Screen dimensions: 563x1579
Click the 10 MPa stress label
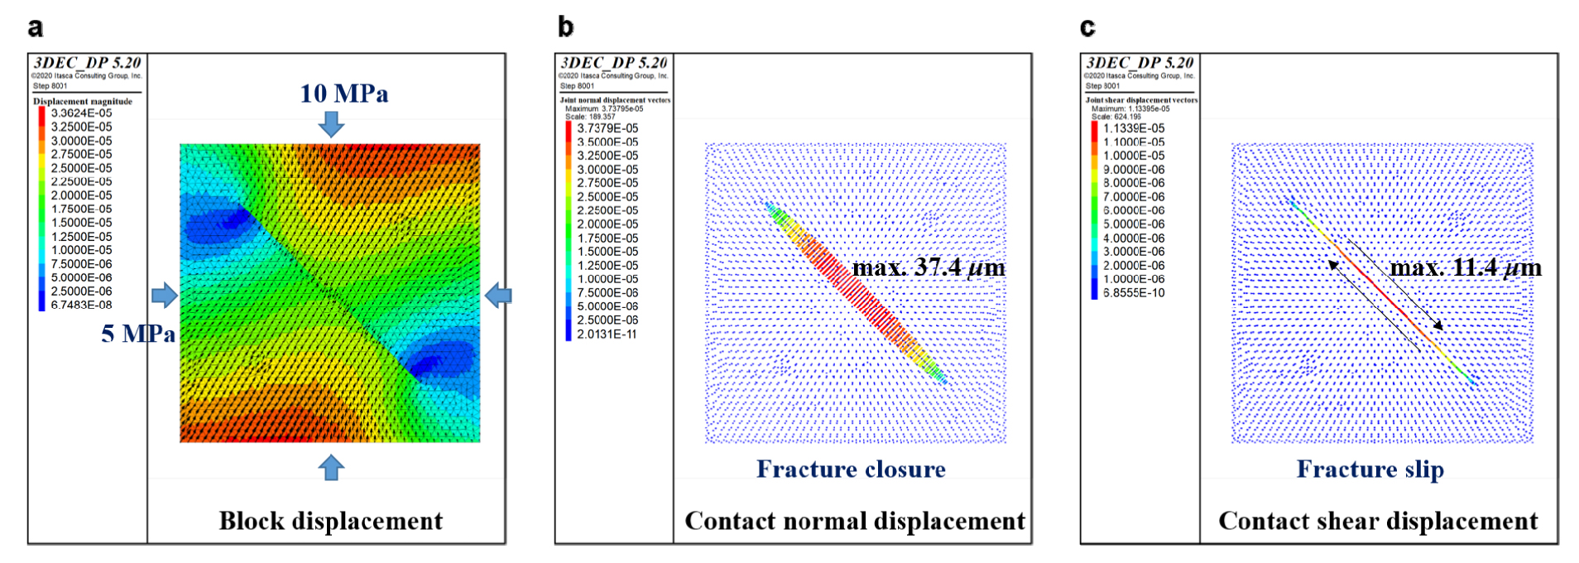click(343, 94)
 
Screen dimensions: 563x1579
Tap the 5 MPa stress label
click(138, 334)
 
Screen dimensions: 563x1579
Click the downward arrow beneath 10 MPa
click(331, 124)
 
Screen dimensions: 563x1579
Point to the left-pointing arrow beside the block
click(497, 295)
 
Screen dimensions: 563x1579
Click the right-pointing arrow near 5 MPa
click(165, 295)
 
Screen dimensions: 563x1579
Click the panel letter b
click(566, 27)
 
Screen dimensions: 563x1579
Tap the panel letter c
click(1087, 27)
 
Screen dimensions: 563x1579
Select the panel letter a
click(36, 27)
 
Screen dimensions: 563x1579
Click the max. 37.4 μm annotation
click(929, 267)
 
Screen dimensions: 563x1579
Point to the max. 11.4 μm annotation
click(1465, 267)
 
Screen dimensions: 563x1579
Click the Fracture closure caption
click(851, 469)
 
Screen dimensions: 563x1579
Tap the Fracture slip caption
click(1370, 469)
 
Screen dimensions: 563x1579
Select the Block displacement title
click(330, 521)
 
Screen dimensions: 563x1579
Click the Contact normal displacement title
click(855, 521)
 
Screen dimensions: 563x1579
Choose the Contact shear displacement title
click(1378, 521)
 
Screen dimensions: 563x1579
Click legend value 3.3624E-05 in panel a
click(81, 113)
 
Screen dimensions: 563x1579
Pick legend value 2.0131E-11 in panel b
click(607, 334)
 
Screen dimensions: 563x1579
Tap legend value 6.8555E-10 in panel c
click(1134, 293)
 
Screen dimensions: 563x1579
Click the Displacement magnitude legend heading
click(83, 101)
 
